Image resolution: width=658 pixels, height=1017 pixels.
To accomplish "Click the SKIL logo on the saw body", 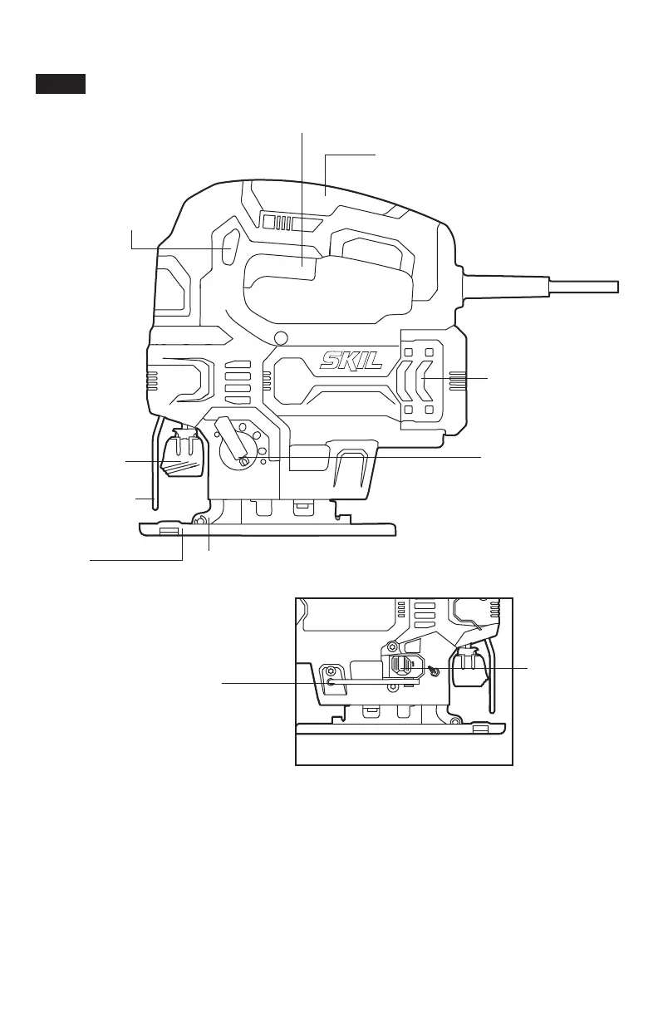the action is tap(351, 361).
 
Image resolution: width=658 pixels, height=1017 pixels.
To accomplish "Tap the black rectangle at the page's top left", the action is tap(61, 84).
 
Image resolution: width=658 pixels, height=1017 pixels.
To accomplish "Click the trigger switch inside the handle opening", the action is tap(303, 269).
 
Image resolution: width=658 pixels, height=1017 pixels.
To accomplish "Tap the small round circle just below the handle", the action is tap(281, 337).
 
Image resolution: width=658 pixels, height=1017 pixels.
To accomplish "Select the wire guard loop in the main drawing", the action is tap(155, 474).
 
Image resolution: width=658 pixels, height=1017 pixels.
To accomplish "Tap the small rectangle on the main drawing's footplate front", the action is tap(169, 531).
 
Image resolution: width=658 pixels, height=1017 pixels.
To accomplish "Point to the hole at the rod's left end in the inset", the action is tap(331, 682).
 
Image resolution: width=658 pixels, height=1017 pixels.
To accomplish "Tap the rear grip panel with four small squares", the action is tap(420, 381).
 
